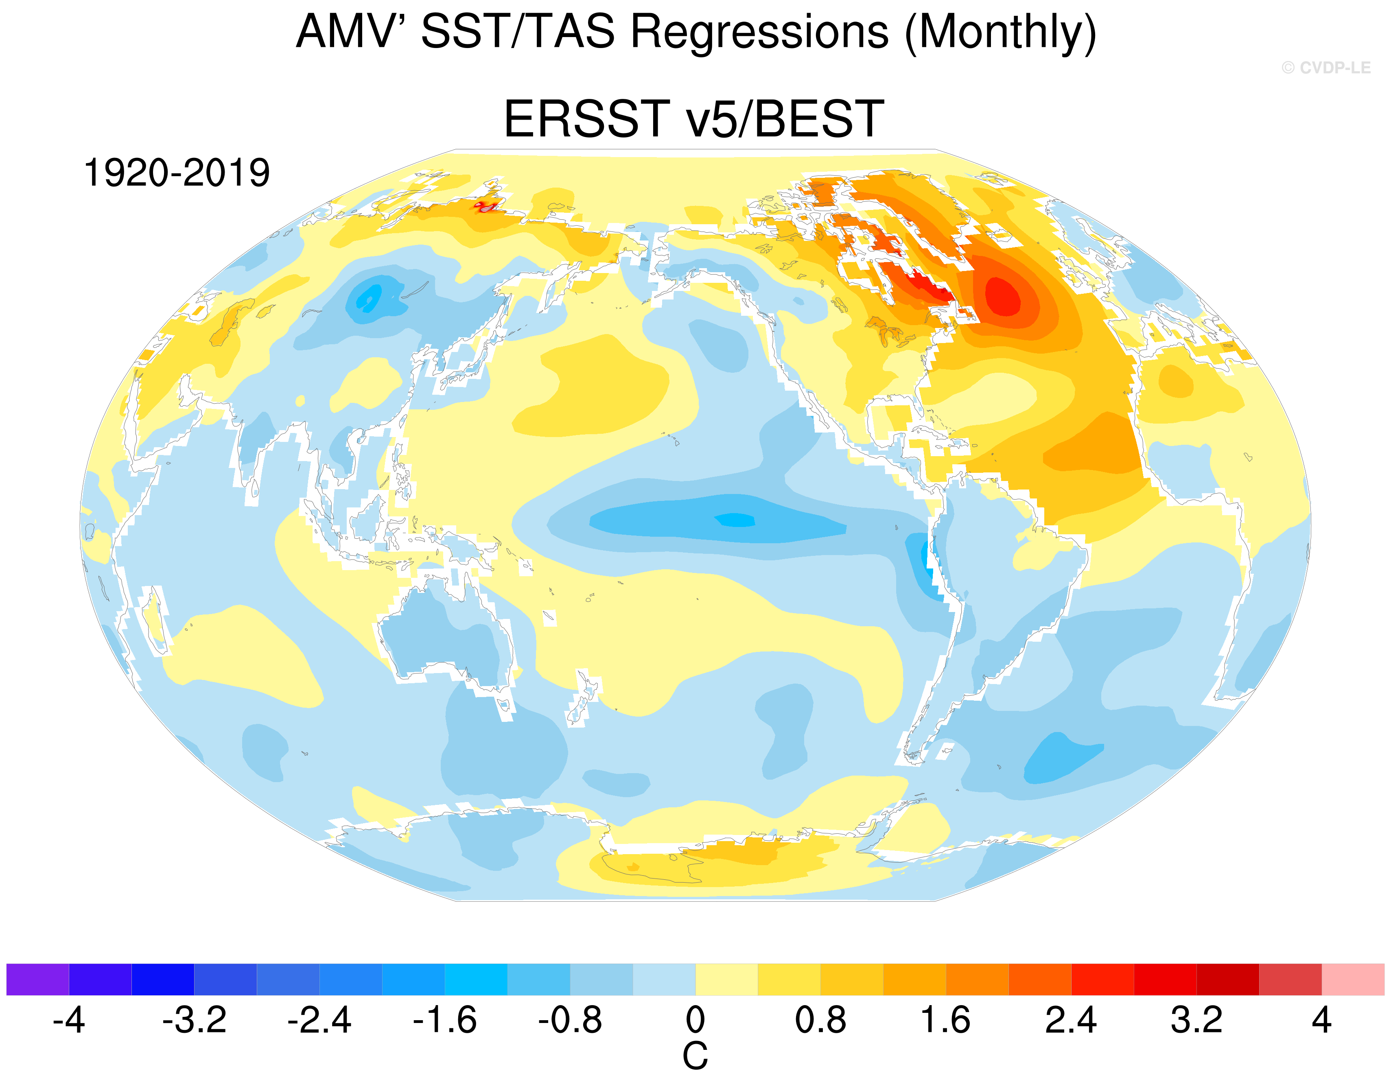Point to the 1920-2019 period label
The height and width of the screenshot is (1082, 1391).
coord(177,173)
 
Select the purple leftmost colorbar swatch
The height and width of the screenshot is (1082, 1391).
coord(37,979)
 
